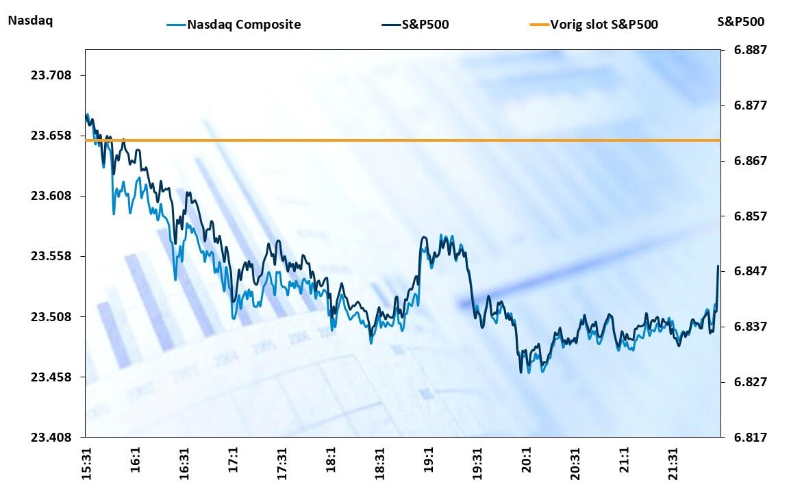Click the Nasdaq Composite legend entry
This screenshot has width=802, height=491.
(x=244, y=25)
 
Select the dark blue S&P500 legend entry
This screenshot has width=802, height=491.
(x=425, y=25)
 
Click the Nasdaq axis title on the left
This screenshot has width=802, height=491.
(x=29, y=21)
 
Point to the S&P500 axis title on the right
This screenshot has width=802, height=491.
(x=740, y=21)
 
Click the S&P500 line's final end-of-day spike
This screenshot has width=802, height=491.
(x=718, y=266)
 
